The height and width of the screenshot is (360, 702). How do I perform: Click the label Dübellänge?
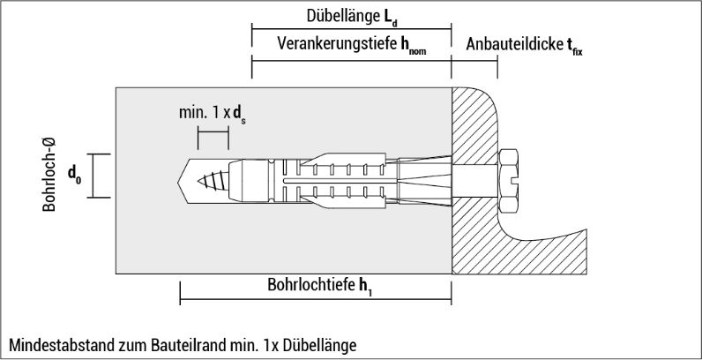(342, 16)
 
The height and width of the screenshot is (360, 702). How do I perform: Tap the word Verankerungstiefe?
(337, 44)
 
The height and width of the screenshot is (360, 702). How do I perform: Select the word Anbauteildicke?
(514, 44)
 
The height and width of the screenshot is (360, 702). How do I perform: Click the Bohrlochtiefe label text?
(311, 285)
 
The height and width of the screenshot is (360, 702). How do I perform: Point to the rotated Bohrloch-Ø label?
(49, 175)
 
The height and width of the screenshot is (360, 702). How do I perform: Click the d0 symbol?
(74, 174)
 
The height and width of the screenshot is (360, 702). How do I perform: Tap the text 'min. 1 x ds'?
(213, 113)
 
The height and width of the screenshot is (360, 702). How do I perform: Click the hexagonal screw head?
(509, 181)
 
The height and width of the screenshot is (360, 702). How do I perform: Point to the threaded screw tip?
(213, 182)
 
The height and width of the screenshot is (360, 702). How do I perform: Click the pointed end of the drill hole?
(179, 182)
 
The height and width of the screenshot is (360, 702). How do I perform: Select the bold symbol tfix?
(574, 46)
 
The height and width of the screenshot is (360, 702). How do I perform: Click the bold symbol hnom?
(414, 46)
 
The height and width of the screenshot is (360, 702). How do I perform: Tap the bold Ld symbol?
(389, 17)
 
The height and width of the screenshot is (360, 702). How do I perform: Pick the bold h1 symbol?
(365, 286)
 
